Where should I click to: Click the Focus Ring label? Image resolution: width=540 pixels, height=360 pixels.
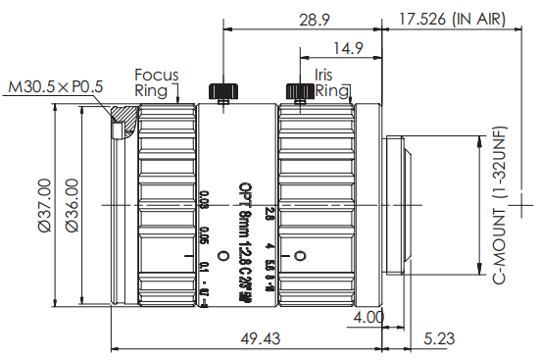[156, 81]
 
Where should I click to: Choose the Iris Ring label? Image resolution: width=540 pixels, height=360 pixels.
[331, 82]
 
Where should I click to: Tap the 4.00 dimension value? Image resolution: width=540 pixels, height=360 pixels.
[370, 318]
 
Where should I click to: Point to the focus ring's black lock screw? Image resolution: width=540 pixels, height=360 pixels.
[221, 90]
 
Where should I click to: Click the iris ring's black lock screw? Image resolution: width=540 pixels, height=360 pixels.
[297, 91]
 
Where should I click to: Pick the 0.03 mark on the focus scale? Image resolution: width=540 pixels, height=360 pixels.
[203, 202]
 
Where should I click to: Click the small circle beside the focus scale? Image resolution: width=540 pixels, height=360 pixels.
[222, 256]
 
